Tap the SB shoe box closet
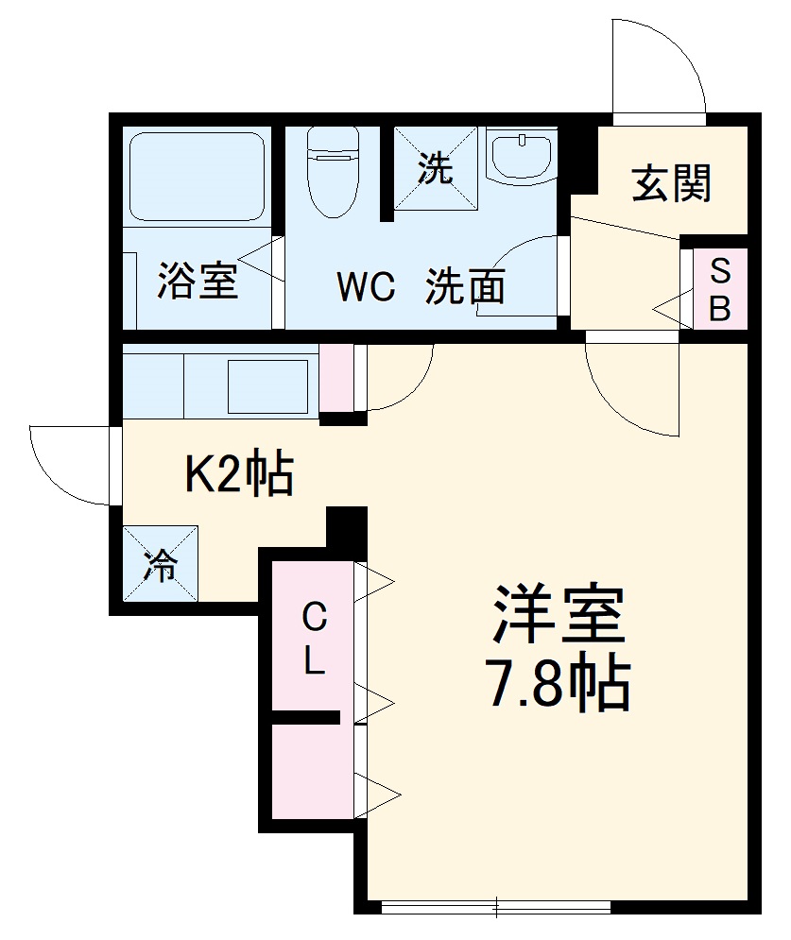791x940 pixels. pos(720,290)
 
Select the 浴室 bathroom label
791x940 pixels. pos(197,282)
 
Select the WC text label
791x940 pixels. pos(366,287)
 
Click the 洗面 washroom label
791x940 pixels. pos(465,286)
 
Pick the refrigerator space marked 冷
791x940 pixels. pos(161,564)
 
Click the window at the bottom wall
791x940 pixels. pos(495,907)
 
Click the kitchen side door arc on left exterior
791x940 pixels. pos(71,463)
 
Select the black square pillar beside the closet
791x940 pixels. pos(346,531)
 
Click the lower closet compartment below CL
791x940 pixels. pos(312,770)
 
